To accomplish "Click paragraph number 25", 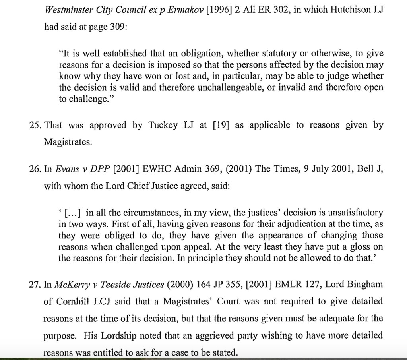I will pos(35,126).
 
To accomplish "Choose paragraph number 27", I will pos(35,284).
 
